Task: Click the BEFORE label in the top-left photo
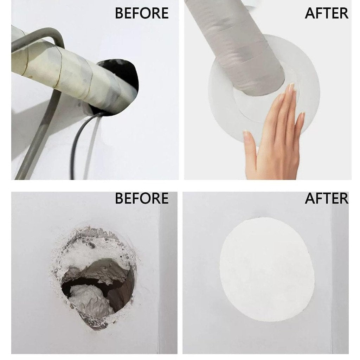point(142,13)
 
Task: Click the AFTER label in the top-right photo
point(327,13)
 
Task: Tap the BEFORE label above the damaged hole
point(142,198)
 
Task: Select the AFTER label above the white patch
point(327,198)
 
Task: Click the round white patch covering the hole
point(267,269)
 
